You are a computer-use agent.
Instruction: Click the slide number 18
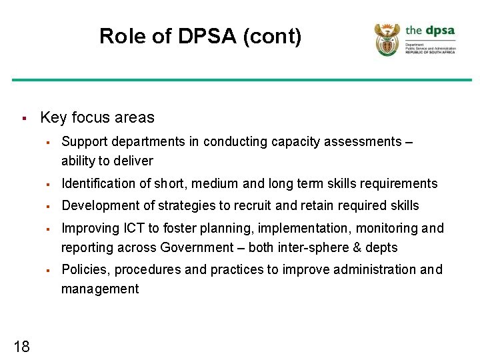tap(21, 345)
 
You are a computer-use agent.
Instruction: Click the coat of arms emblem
tap(387, 39)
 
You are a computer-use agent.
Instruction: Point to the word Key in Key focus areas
tap(53, 118)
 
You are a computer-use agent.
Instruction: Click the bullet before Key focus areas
tap(23, 119)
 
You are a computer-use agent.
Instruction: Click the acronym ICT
tap(131, 228)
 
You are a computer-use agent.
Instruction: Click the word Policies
tap(83, 269)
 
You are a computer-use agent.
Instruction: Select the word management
tap(100, 289)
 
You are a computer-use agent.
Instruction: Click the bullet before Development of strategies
tap(49, 206)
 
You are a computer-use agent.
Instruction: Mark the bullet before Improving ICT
tap(49, 229)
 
